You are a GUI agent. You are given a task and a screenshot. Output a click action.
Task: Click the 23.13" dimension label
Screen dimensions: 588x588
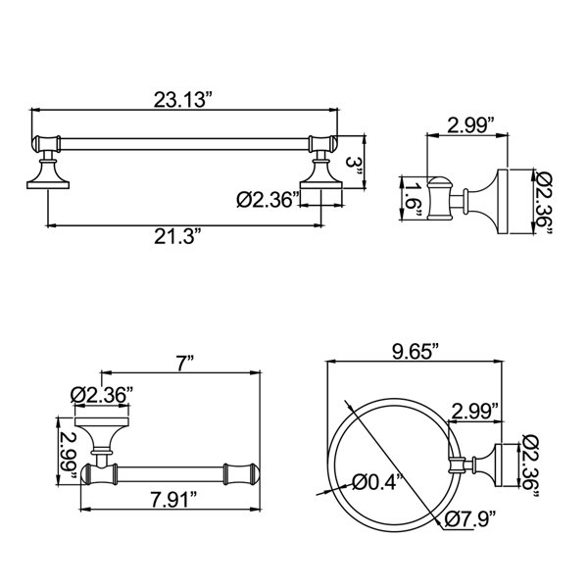click(x=183, y=100)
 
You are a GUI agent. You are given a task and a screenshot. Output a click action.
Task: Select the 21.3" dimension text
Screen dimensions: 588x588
click(x=175, y=236)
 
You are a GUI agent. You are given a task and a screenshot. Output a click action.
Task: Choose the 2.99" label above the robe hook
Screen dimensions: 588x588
click(x=470, y=125)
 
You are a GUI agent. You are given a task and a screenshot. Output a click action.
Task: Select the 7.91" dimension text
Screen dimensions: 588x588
click(x=173, y=499)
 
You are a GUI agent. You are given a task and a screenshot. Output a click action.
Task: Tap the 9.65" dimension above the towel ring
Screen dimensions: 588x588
click(x=416, y=352)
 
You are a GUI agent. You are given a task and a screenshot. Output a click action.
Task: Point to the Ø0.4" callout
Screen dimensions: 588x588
click(x=378, y=481)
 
